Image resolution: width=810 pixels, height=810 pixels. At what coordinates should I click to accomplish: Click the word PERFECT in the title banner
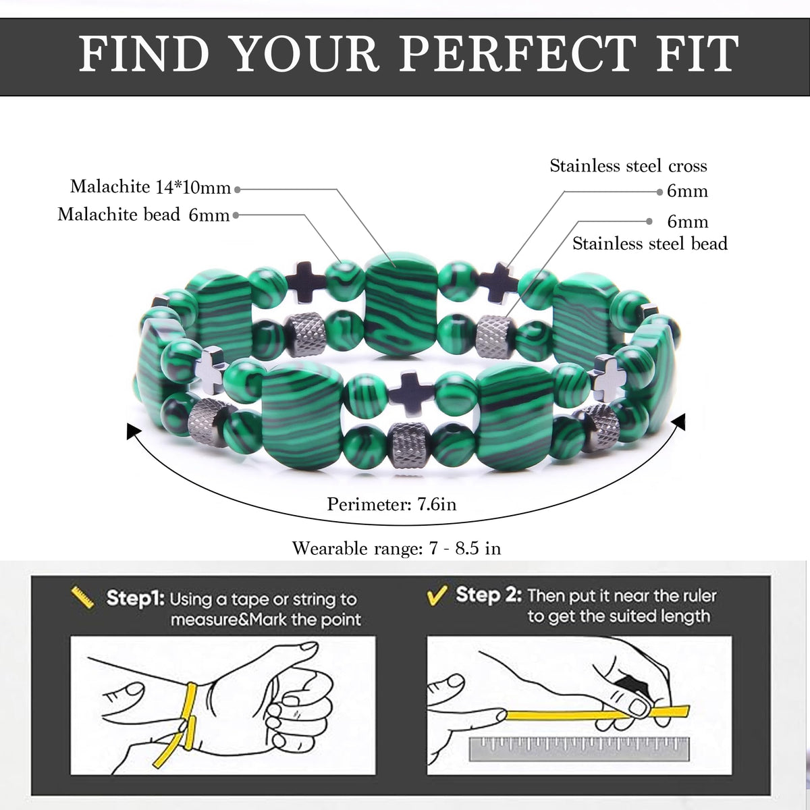pyautogui.click(x=517, y=54)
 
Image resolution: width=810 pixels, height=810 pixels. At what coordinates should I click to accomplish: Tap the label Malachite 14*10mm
pyautogui.click(x=151, y=187)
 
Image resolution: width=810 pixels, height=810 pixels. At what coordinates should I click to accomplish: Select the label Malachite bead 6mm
pyautogui.click(x=144, y=215)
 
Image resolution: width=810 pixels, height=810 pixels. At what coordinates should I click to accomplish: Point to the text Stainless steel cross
pyautogui.click(x=628, y=166)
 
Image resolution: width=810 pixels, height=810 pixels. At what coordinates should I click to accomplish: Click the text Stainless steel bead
pyautogui.click(x=650, y=244)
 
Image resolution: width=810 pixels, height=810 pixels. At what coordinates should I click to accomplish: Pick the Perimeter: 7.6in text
pyautogui.click(x=391, y=504)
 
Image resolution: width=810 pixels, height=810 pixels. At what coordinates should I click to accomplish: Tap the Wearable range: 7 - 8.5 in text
pyautogui.click(x=397, y=549)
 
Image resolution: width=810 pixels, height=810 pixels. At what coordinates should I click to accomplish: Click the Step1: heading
pyautogui.click(x=136, y=598)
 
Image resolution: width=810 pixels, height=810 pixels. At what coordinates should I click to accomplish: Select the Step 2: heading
pyautogui.click(x=489, y=595)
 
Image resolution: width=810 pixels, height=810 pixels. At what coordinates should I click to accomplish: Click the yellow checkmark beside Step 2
pyautogui.click(x=436, y=595)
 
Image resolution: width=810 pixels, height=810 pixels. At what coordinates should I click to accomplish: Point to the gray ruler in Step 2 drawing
pyautogui.click(x=579, y=749)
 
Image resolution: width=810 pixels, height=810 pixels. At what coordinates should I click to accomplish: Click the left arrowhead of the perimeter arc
pyautogui.click(x=133, y=432)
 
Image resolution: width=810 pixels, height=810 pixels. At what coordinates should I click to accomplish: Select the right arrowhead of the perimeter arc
pyautogui.click(x=678, y=423)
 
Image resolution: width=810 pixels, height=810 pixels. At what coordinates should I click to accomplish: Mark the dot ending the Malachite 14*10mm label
pyautogui.click(x=238, y=190)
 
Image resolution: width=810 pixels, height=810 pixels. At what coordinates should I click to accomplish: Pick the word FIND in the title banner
pyautogui.click(x=144, y=54)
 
